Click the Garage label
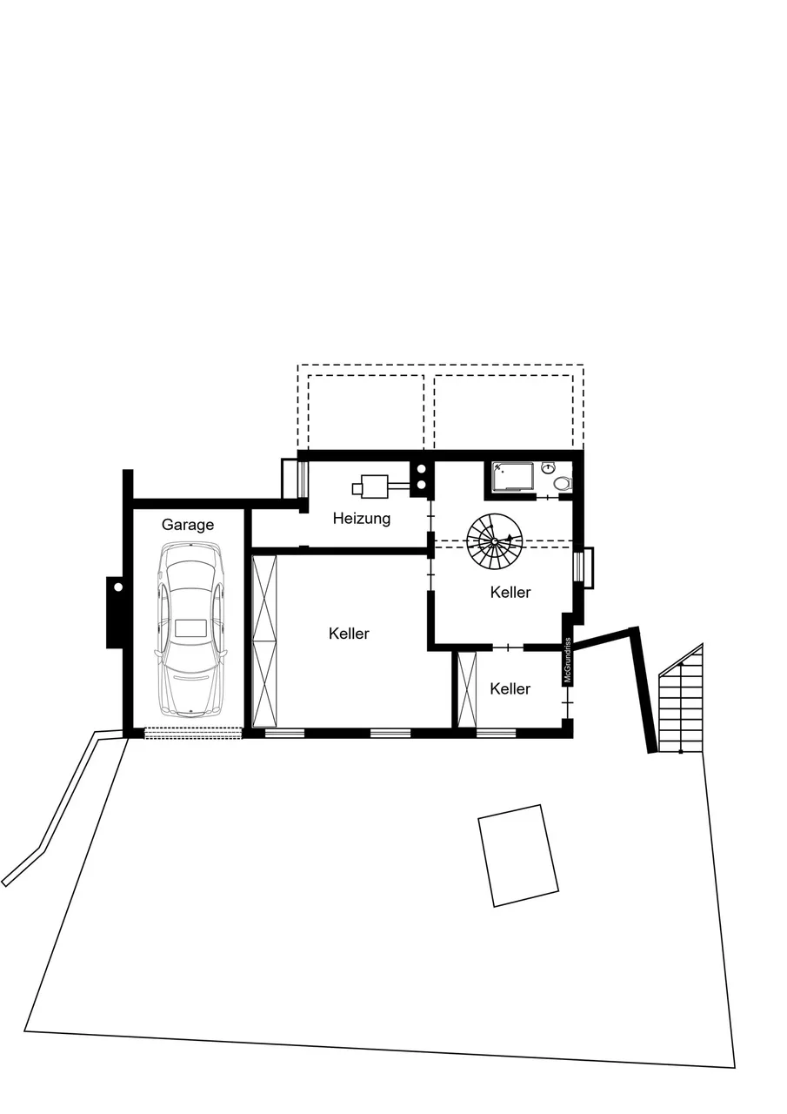[188, 525]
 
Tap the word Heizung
[362, 519]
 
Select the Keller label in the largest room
[349, 634]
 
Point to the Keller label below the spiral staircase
[510, 593]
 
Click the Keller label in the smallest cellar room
[510, 688]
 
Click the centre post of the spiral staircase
[494, 541]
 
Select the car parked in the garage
[190, 629]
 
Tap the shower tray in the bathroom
[513, 477]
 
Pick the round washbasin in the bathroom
[549, 467]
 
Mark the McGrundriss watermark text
[567, 661]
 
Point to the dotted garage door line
[192, 733]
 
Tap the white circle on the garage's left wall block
[118, 587]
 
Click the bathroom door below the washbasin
[547, 497]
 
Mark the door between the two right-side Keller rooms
[508, 647]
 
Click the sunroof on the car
[190, 627]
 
